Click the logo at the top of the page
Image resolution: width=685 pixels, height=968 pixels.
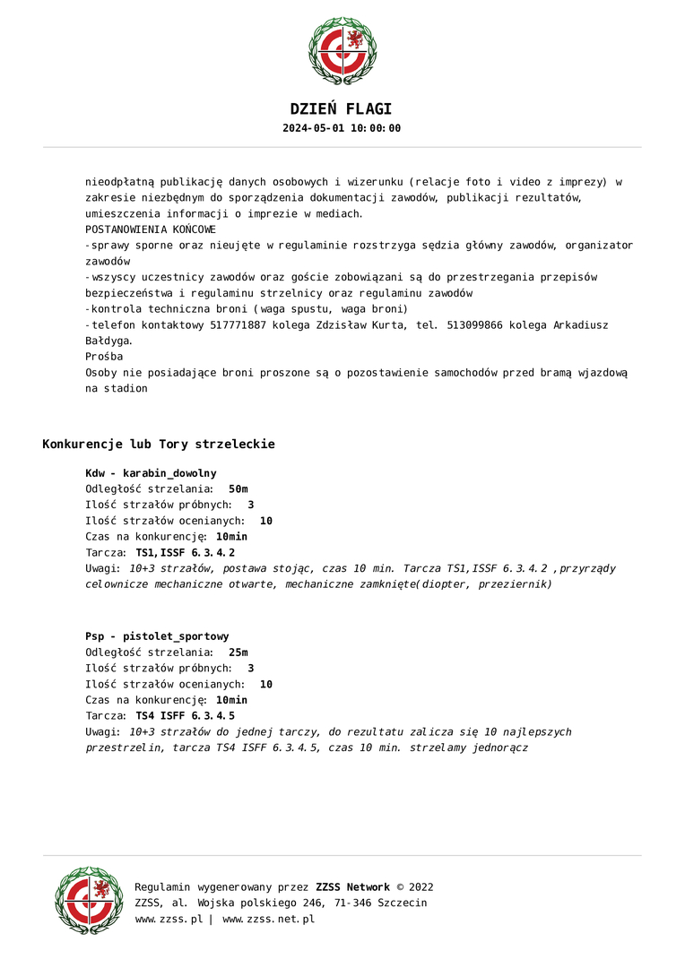pos(342,51)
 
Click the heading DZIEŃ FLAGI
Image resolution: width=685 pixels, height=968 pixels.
pos(342,109)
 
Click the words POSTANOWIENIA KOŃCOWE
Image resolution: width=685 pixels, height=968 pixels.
pos(151,229)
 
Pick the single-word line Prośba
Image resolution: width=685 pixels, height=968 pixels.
pos(104,357)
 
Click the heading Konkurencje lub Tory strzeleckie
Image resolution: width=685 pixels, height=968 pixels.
pos(159,445)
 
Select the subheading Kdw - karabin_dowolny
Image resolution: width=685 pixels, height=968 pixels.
pos(151,473)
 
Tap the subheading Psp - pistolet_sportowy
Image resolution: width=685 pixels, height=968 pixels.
pos(157,636)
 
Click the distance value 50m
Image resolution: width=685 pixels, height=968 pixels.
pos(238,489)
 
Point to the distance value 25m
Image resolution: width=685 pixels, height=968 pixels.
pos(238,653)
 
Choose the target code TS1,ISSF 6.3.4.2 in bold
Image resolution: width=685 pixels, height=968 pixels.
pos(186,553)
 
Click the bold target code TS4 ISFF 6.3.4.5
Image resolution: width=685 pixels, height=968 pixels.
pos(186,716)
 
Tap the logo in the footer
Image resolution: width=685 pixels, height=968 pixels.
pos(89,901)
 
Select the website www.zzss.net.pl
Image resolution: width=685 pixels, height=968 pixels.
pos(268,919)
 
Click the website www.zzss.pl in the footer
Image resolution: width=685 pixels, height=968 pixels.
pos(169,919)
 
